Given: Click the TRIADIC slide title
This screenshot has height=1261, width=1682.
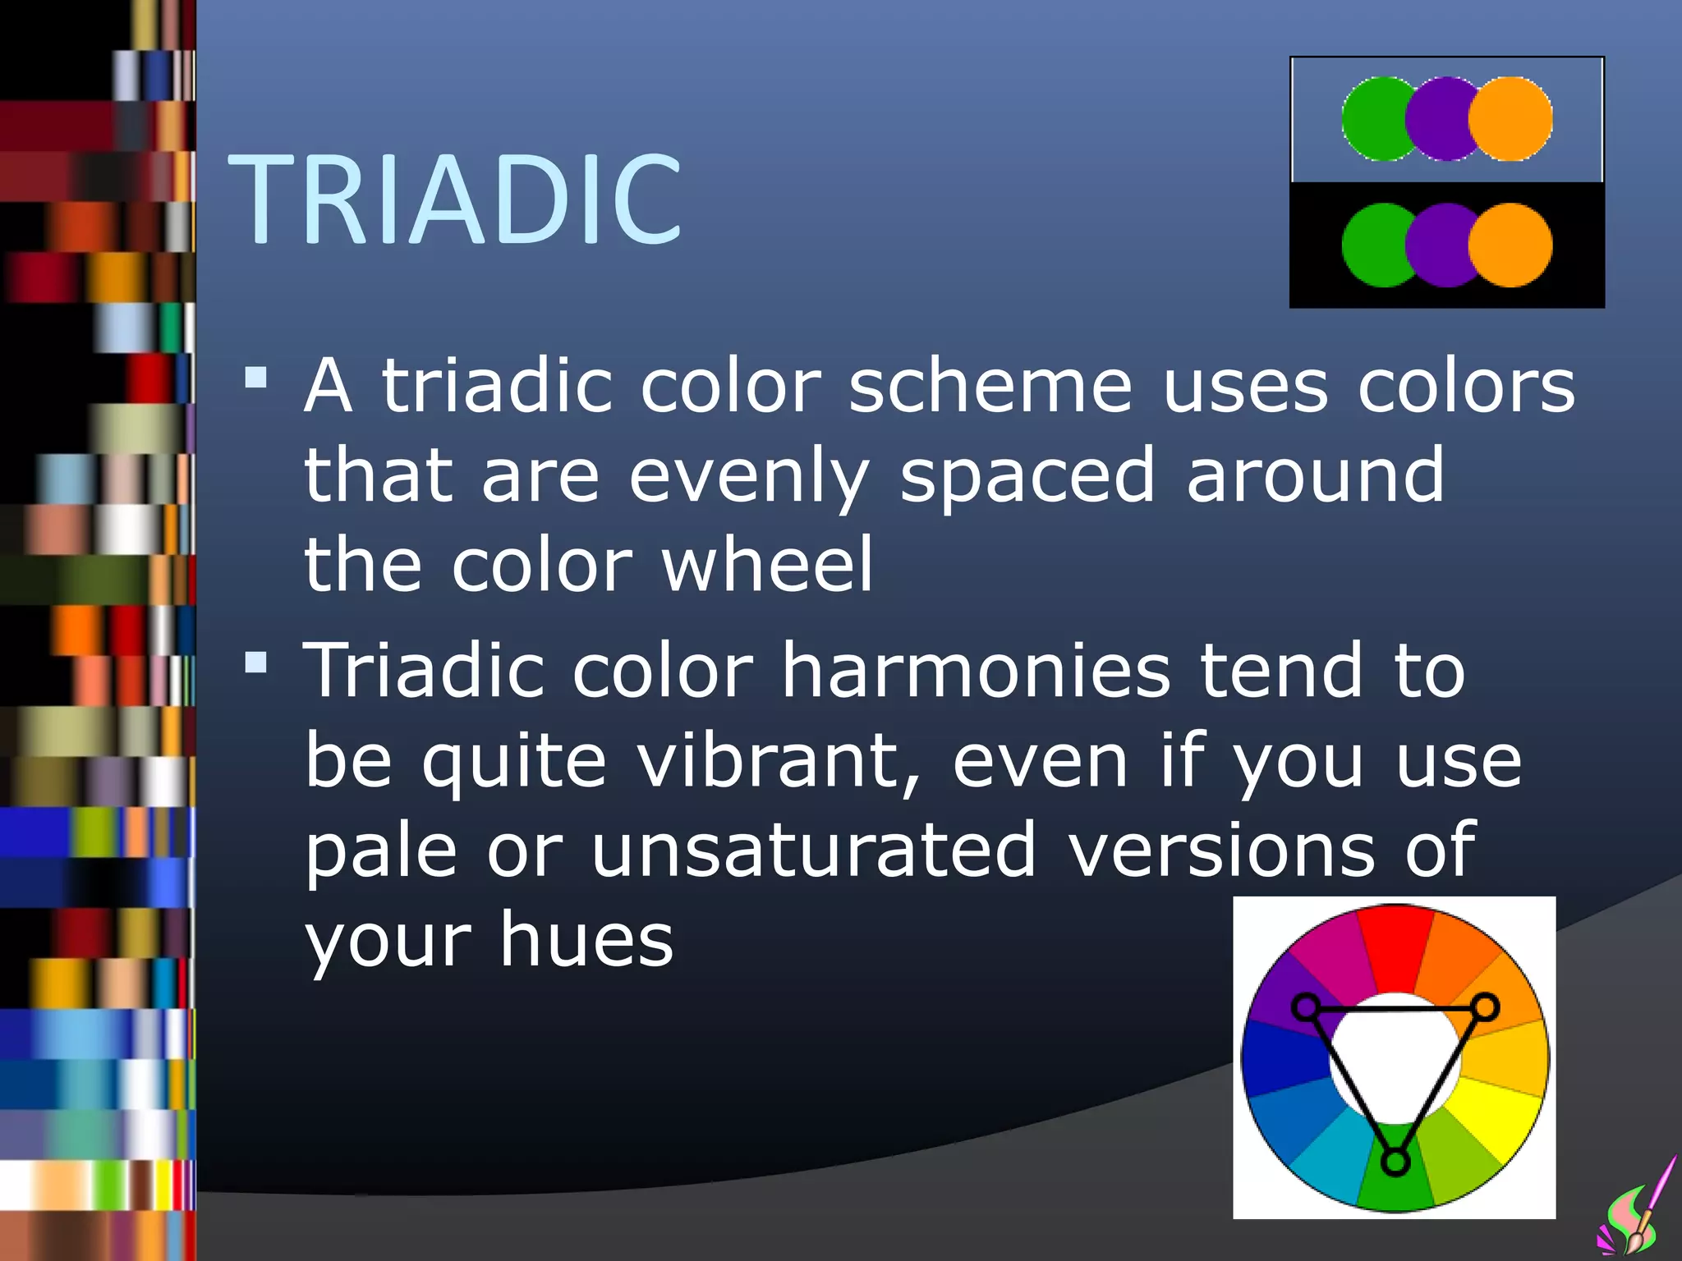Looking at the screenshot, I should pos(454,199).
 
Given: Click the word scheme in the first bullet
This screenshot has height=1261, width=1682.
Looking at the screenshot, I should pos(990,386).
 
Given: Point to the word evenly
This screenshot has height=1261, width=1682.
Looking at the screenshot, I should pos(748,476).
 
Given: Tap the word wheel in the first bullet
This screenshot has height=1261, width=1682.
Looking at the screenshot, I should pos(767,565).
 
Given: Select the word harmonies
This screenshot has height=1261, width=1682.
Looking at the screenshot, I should pos(975,671).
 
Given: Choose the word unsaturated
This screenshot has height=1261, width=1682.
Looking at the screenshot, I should pos(813,851).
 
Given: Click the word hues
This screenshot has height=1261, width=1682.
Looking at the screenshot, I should pos(586,940).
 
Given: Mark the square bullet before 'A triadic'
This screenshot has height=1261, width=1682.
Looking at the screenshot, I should pos(256,378).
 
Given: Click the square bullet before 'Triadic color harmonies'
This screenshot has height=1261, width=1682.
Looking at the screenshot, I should pos(256,662).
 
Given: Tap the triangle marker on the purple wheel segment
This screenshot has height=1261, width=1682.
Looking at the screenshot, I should pos(1306,1007).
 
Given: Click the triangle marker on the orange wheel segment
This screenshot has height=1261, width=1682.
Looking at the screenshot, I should pos(1485,1007).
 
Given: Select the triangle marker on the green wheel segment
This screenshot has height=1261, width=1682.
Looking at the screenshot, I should pos(1395,1161).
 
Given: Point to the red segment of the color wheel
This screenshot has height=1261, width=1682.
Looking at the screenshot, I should pos(1395,944).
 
